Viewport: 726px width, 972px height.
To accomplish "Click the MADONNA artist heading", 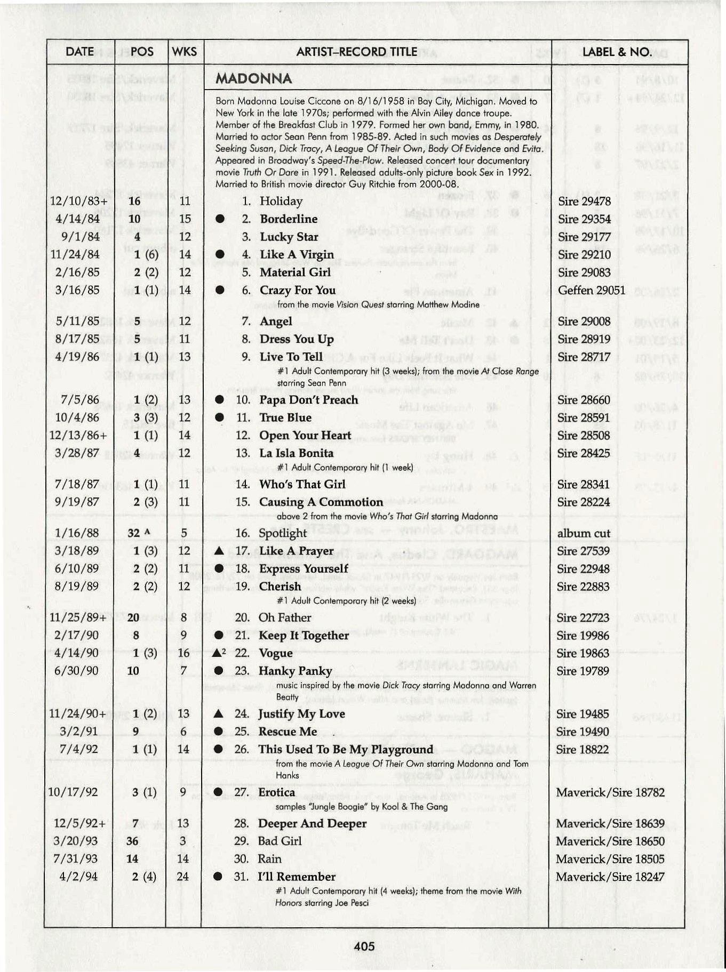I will [x=253, y=79].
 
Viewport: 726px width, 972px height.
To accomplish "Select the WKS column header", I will [x=185, y=52].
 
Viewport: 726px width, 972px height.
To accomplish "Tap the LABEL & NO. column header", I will [x=616, y=52].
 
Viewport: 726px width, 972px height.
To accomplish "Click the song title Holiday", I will [x=281, y=201].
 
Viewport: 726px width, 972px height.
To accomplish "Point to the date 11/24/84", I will [x=75, y=254].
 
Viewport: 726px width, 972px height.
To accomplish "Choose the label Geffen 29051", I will [x=592, y=290].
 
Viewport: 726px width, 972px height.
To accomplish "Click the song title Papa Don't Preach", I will [x=308, y=400].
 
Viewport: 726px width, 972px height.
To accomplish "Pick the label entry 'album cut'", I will [x=584, y=533].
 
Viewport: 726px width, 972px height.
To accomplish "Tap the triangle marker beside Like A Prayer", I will [x=218, y=551].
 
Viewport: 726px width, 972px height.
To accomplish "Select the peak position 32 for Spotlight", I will [x=134, y=533].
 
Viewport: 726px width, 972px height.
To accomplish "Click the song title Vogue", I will [x=275, y=653].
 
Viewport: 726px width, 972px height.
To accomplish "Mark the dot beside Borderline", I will [x=219, y=219].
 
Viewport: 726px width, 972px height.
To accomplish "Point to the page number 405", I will [x=364, y=946].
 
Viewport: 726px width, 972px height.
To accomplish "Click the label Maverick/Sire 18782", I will [x=610, y=792].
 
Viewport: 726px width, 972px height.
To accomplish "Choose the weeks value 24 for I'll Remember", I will [x=183, y=877].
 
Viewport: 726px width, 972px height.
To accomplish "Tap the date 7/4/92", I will [x=79, y=749].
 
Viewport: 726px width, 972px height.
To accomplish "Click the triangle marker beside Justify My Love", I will [x=218, y=714].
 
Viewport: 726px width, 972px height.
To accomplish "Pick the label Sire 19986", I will [x=583, y=636].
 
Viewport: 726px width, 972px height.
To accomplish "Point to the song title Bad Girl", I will [x=280, y=841].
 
